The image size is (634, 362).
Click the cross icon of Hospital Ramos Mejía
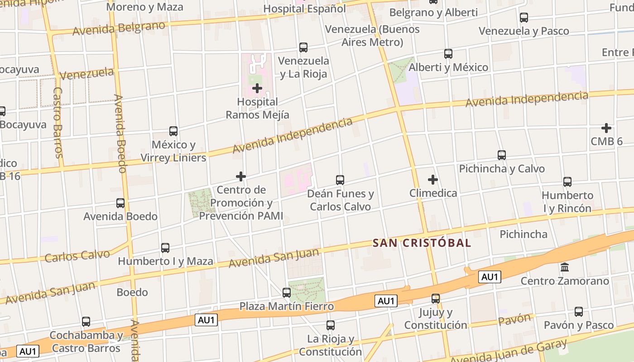coord(257,88)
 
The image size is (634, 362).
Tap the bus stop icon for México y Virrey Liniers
coord(173,131)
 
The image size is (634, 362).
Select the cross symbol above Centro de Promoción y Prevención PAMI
coord(241,176)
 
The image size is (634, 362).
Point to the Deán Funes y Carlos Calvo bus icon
coord(340,180)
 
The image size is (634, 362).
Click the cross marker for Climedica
coord(433,180)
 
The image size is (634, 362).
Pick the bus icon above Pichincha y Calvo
coord(501,155)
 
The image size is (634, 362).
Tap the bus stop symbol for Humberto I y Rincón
coord(567,182)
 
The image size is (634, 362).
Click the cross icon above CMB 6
coord(606,128)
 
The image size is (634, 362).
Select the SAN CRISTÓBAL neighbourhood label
coord(422,243)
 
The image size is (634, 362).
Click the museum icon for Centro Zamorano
coord(565,267)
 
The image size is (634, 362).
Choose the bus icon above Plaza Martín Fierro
coord(286,293)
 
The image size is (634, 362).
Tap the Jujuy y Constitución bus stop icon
coord(435,299)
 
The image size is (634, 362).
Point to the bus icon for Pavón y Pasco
coord(578,312)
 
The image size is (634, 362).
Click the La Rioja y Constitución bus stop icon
coord(330,325)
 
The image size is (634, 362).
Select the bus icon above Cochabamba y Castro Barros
coord(86,322)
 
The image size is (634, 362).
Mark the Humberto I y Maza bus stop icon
coord(165,248)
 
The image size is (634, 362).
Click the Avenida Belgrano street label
coord(119,28)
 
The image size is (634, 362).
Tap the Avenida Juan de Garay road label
coord(509,353)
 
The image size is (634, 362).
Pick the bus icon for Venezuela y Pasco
coord(524,18)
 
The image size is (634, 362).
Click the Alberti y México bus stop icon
coord(448,54)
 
